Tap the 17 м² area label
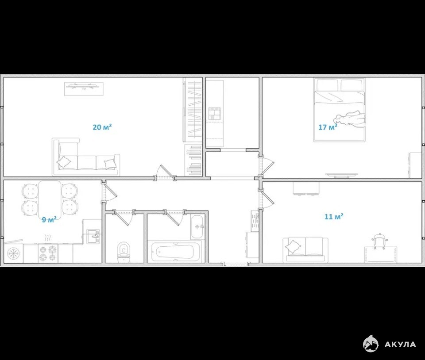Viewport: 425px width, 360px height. (328, 127)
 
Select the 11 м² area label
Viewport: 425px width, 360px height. (334, 216)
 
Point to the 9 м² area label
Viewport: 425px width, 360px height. (49, 219)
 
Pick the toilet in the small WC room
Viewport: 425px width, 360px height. (124, 251)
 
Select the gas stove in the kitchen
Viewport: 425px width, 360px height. (48, 253)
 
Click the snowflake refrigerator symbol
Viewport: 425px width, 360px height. (13, 253)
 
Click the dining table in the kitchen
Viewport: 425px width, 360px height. (50, 199)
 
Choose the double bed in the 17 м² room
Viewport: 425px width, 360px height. (339, 110)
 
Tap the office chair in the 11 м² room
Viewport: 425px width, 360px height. (379, 241)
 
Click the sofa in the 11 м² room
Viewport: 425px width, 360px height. (305, 249)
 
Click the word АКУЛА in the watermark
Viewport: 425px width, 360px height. (400, 345)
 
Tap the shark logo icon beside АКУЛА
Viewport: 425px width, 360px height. (371, 344)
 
